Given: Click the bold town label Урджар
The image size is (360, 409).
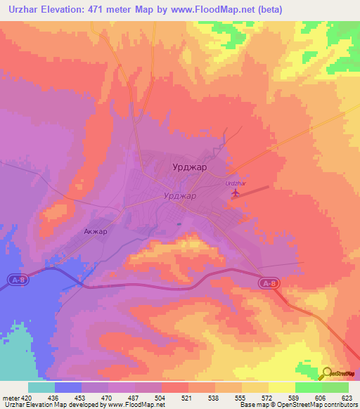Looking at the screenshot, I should (x=189, y=167).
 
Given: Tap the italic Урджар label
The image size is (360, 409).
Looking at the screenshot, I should (x=179, y=196).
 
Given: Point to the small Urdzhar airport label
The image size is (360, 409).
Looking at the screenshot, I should (x=235, y=183).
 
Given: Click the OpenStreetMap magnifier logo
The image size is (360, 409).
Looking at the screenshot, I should (x=328, y=373).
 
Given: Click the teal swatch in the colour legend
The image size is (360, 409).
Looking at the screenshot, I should (x=41, y=387).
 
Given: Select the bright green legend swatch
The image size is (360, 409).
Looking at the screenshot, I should (x=308, y=387).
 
